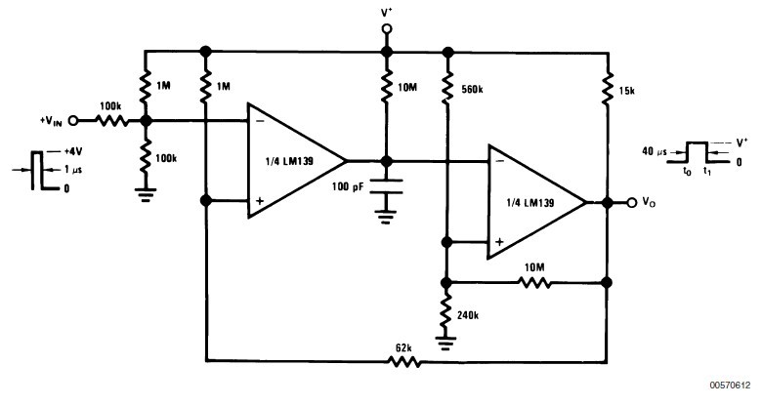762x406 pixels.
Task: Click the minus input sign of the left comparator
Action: (260, 121)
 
